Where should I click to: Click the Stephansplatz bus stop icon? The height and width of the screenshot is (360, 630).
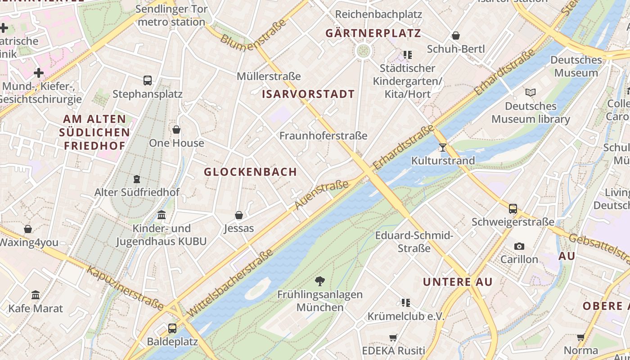coord(148,81)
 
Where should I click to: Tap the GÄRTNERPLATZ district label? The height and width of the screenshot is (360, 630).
coord(373,33)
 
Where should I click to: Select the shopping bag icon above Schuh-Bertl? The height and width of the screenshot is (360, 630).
coord(456,36)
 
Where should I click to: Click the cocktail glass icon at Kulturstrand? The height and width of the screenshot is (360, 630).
coord(443,147)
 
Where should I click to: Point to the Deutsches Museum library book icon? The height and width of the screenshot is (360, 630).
coord(531,93)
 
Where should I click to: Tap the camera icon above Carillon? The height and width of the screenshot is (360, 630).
coord(519,246)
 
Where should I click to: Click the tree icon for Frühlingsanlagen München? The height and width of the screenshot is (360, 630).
coord(320,282)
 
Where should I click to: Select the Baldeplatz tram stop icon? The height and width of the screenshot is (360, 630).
coord(172,328)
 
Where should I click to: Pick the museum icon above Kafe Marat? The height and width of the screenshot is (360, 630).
coord(36,295)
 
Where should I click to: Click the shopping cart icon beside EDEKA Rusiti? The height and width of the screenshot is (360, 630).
coord(393,337)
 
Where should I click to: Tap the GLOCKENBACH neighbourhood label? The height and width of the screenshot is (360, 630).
coord(251,172)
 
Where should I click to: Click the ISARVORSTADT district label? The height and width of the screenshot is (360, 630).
coord(308,94)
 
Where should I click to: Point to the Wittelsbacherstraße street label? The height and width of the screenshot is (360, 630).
coord(230,283)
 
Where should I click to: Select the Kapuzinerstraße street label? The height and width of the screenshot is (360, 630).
coord(125,288)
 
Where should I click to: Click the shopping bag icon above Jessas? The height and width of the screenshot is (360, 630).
coord(239,215)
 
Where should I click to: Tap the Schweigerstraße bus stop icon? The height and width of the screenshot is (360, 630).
coord(513,209)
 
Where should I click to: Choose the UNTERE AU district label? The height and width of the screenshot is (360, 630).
coord(458,282)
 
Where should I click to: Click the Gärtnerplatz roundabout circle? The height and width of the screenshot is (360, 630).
coord(363,51)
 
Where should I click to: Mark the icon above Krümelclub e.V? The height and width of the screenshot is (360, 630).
coord(406,303)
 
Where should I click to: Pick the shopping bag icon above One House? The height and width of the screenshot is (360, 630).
coord(176,130)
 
